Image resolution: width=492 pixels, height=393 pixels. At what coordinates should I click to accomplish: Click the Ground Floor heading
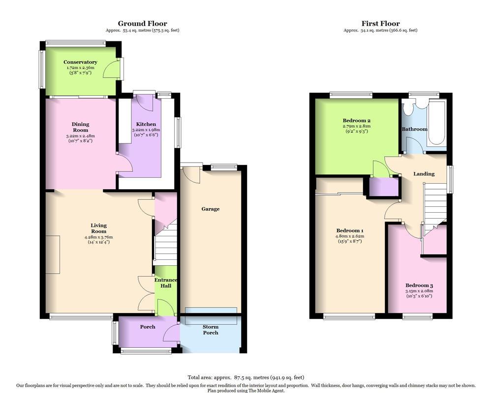142,23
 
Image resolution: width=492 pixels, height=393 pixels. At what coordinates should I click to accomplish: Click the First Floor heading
380,23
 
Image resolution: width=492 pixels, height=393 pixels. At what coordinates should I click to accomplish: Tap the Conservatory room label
80,62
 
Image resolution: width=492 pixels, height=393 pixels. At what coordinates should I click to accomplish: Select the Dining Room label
80,127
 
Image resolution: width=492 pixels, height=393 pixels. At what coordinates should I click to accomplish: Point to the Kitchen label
146,124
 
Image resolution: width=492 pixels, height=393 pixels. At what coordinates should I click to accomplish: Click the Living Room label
98,228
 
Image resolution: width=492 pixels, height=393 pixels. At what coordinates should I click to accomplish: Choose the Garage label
210,209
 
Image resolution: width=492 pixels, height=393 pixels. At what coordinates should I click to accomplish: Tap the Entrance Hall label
166,283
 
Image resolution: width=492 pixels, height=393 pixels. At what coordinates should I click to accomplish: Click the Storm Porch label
211,330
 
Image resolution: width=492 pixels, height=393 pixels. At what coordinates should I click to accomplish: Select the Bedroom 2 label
357,120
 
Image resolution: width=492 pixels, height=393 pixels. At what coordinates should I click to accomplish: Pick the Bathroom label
414,129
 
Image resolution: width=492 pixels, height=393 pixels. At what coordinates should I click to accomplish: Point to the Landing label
424,173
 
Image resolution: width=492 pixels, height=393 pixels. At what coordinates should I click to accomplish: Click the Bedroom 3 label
419,285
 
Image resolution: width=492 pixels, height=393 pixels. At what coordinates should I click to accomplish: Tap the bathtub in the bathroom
436,123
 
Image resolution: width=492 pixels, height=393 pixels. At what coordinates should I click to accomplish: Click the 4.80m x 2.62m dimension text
350,236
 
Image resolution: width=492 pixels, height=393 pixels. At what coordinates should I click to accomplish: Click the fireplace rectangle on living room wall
53,254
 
